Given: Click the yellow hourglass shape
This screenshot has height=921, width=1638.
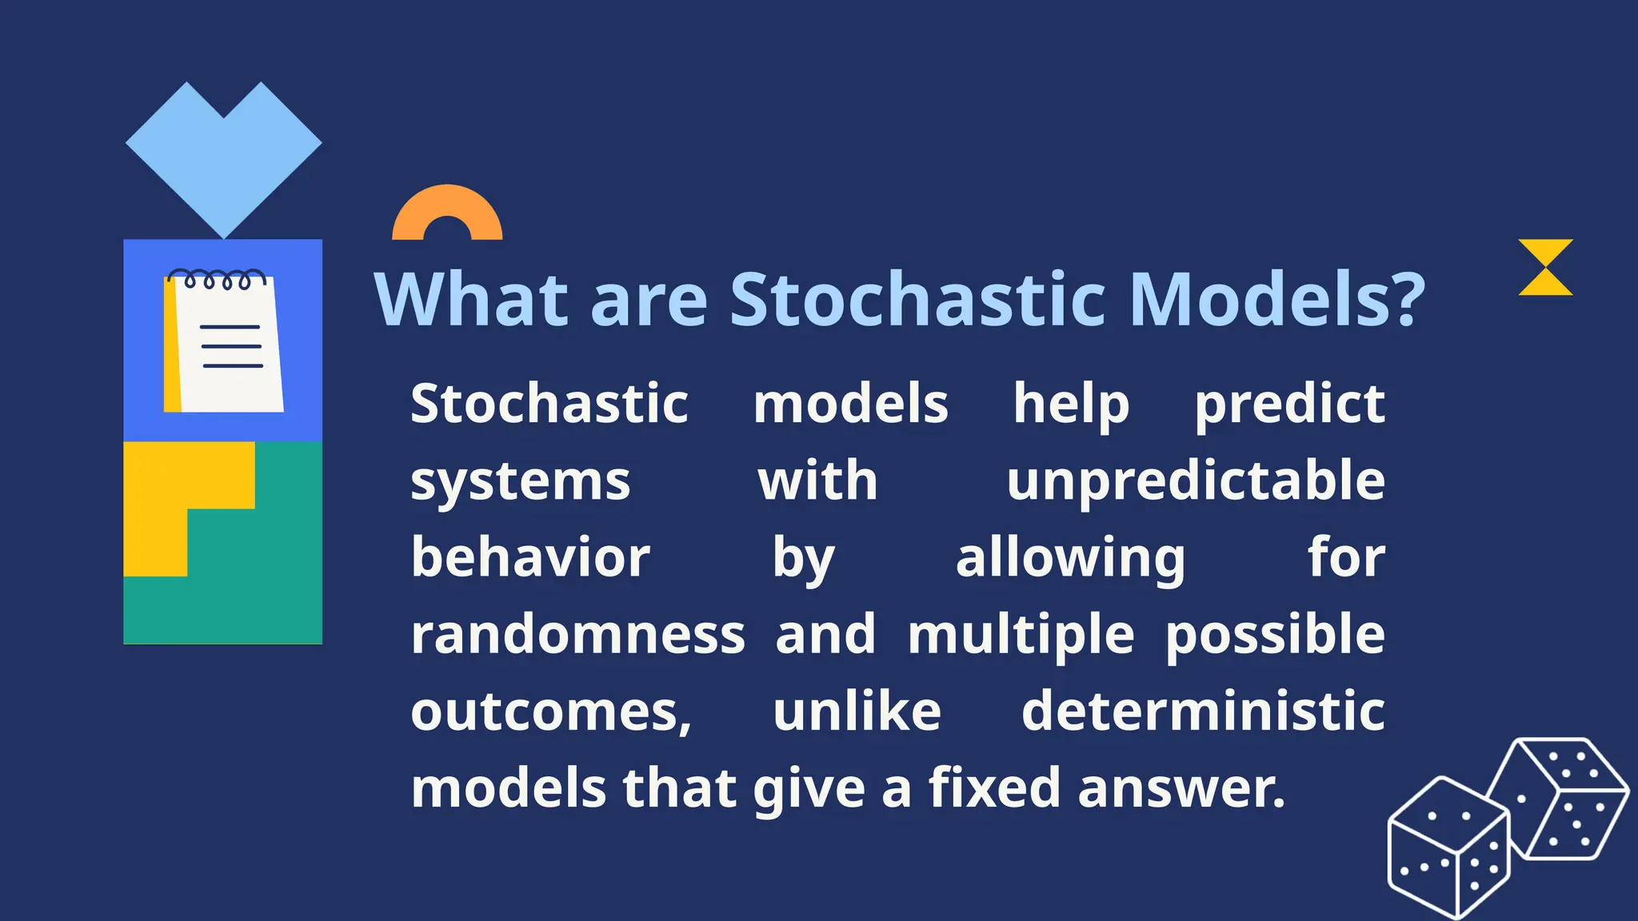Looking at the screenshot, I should pyautogui.click(x=1545, y=267).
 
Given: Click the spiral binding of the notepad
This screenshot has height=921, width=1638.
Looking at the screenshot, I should pyautogui.click(x=216, y=279).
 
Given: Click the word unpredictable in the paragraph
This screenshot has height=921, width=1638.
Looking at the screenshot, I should pyautogui.click(x=1196, y=481).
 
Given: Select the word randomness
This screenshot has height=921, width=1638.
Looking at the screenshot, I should pyautogui.click(x=577, y=635).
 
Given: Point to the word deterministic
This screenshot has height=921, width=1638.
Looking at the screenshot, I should pyautogui.click(x=1203, y=712).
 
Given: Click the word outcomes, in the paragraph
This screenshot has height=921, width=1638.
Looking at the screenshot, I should pyautogui.click(x=551, y=712).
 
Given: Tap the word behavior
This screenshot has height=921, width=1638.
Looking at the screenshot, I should pyautogui.click(x=530, y=558).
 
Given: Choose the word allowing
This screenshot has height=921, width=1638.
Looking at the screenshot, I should pyautogui.click(x=1070, y=558).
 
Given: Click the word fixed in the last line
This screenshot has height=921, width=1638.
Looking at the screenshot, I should pyautogui.click(x=994, y=788).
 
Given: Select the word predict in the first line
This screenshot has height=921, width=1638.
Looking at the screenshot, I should pyautogui.click(x=1289, y=405).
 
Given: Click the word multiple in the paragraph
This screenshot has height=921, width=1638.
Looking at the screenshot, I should pyautogui.click(x=1021, y=635).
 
